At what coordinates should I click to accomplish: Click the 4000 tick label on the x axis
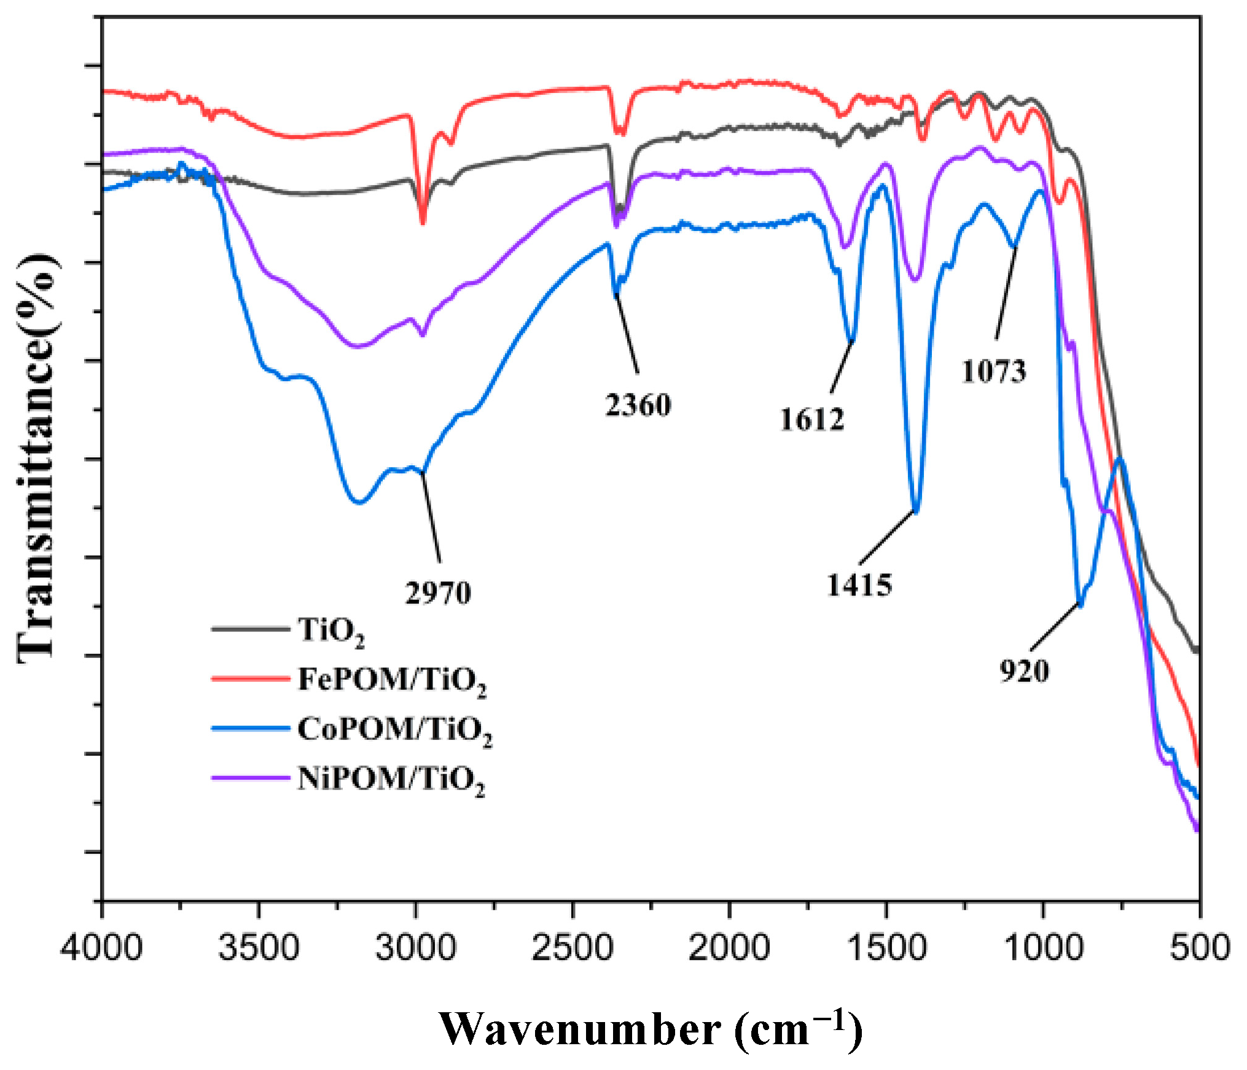(101, 947)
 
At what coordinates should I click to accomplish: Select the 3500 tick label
(259, 947)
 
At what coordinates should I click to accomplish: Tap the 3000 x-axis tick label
(416, 947)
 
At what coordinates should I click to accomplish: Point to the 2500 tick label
(572, 947)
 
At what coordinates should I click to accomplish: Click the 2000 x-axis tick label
(729, 947)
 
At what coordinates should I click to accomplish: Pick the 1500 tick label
(886, 947)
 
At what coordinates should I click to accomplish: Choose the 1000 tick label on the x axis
(1042, 947)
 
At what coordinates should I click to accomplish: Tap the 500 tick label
(1199, 947)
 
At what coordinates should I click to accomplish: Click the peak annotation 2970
(438, 593)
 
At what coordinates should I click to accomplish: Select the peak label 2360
(638, 405)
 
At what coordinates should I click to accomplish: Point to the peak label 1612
(812, 420)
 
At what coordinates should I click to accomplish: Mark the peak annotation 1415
(859, 584)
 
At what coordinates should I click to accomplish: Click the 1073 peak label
(993, 372)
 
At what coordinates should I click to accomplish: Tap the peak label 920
(1024, 671)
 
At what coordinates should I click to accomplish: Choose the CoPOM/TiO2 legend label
(394, 731)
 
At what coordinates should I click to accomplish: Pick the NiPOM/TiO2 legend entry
(391, 780)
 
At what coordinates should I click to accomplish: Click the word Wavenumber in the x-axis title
(580, 1029)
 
